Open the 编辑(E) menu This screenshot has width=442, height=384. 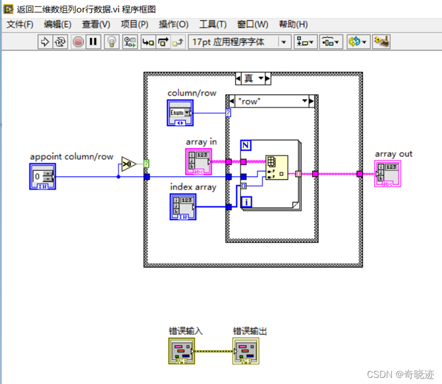pyautogui.click(x=58, y=24)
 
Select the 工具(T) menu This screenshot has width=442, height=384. pyautogui.click(x=213, y=24)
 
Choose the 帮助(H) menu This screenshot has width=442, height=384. pyautogui.click(x=293, y=24)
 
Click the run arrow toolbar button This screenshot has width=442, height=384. pyautogui.click(x=45, y=42)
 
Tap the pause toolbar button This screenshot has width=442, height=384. pyautogui.click(x=92, y=42)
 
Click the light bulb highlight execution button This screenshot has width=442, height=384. pyautogui.click(x=111, y=42)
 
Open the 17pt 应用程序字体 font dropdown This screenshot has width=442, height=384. pyautogui.click(x=240, y=42)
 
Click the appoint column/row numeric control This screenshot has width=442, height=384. pyautogui.click(x=42, y=177)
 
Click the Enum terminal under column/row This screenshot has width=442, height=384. pyautogui.click(x=180, y=113)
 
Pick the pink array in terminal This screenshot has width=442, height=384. pyautogui.click(x=198, y=161)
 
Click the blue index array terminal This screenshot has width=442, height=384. pyautogui.click(x=182, y=207)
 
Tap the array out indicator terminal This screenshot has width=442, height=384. pyautogui.click(x=387, y=174)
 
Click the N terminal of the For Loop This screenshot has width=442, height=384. pyautogui.click(x=246, y=145)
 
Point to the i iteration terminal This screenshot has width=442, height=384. pyautogui.click(x=246, y=202)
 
